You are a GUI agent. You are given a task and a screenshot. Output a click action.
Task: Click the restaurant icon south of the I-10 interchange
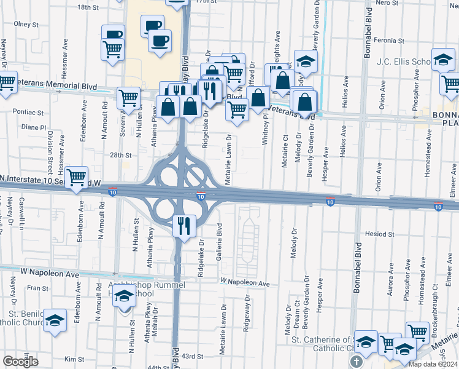185,226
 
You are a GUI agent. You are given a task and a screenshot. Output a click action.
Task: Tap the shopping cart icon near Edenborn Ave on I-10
77,177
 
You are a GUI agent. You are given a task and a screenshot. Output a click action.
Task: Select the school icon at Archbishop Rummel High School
123,298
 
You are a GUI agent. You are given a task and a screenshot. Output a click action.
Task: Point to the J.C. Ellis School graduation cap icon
442,60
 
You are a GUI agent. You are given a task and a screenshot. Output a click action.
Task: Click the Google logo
20,362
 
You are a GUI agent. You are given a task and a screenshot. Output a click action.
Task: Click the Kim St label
74,359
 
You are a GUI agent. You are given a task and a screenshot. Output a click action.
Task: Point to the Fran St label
37,288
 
